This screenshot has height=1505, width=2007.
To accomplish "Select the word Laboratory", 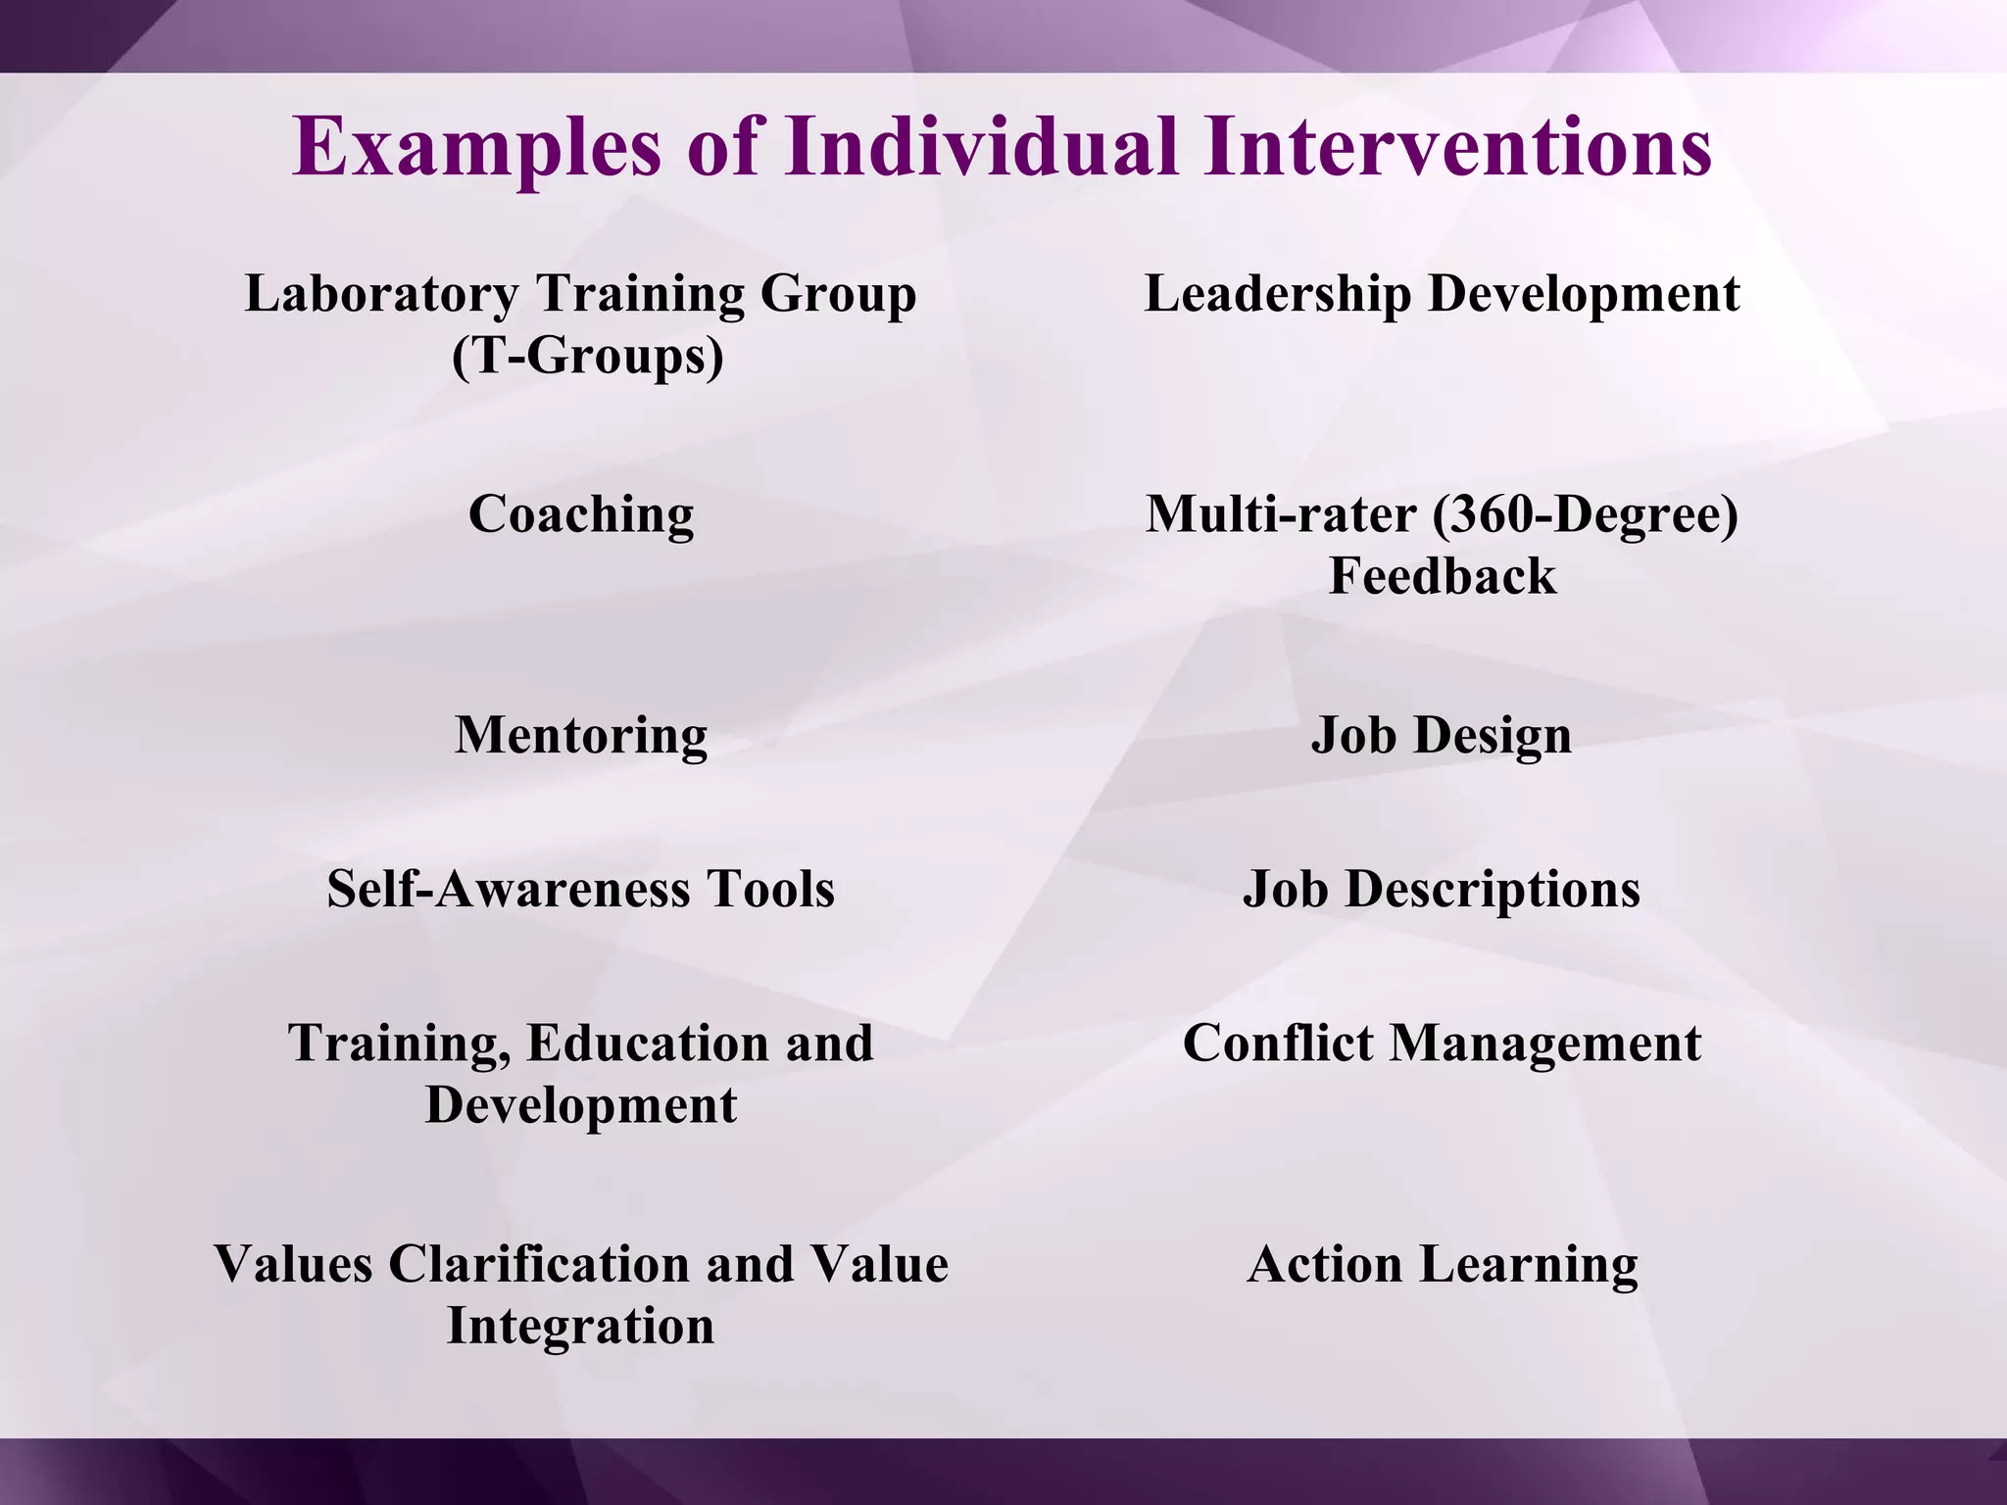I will pyautogui.click(x=381, y=293).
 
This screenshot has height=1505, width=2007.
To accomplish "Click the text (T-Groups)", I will pyautogui.click(x=587, y=355).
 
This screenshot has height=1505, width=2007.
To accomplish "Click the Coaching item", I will pyautogui.click(x=581, y=513).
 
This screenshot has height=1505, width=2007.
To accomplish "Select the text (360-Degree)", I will pyautogui.click(x=1585, y=513).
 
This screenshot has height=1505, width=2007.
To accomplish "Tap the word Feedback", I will pyautogui.click(x=1442, y=575).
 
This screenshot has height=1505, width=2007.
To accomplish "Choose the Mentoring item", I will pyautogui.click(x=581, y=735).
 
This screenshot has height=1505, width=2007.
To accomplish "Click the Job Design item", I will pyautogui.click(x=1442, y=735).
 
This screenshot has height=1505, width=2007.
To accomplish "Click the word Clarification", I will pyautogui.click(x=541, y=1263).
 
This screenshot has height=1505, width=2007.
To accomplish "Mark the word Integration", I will pyautogui.click(x=581, y=1325).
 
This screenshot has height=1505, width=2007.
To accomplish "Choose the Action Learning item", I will pyautogui.click(x=1442, y=1263).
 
